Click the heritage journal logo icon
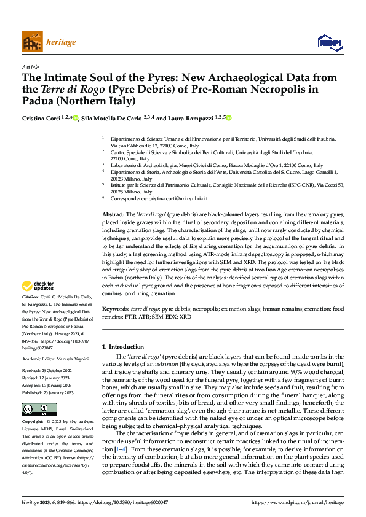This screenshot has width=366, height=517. (x=32, y=42)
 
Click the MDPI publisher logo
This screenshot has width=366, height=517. (x=330, y=42)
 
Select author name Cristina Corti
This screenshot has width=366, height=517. (x=43, y=118)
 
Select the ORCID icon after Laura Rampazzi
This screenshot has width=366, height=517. (x=230, y=118)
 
